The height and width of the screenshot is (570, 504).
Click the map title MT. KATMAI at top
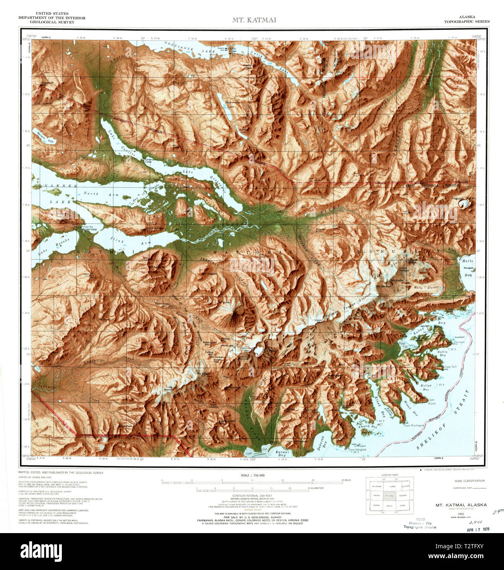pyautogui.click(x=254, y=20)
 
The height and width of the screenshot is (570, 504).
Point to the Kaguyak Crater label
pyautogui.click(x=463, y=198)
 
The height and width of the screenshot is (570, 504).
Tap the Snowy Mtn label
pyautogui.click(x=318, y=321)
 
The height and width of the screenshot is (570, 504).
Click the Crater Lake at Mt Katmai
pyautogui.click(x=259, y=350)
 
